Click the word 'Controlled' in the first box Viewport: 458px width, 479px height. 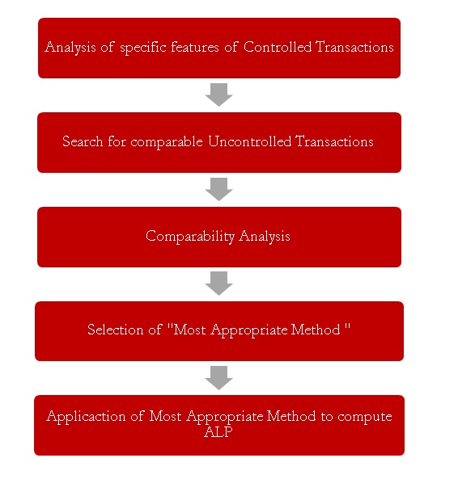[x=278, y=47]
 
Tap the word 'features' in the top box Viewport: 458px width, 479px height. [x=195, y=47]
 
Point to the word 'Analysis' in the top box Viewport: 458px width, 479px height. [x=70, y=48]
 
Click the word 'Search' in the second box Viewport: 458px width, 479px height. [x=83, y=141]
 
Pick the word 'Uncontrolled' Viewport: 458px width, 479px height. [x=250, y=141]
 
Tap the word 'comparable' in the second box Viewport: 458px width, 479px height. [x=167, y=142]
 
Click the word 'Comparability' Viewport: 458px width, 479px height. [x=190, y=237]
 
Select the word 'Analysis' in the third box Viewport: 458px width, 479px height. [x=265, y=237]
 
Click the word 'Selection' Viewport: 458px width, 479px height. [x=116, y=330]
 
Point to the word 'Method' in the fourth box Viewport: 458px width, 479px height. [x=316, y=330]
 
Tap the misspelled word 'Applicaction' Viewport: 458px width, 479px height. [x=86, y=417]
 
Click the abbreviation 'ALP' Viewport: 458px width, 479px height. [x=218, y=432]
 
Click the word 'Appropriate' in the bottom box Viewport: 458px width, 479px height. [x=225, y=417]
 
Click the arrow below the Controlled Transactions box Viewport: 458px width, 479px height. [x=218, y=95]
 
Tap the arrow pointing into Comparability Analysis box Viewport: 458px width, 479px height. [x=218, y=189]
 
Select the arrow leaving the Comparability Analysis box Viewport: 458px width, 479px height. [x=218, y=284]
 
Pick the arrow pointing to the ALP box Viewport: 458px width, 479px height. [x=218, y=378]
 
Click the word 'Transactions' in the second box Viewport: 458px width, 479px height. [x=334, y=141]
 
